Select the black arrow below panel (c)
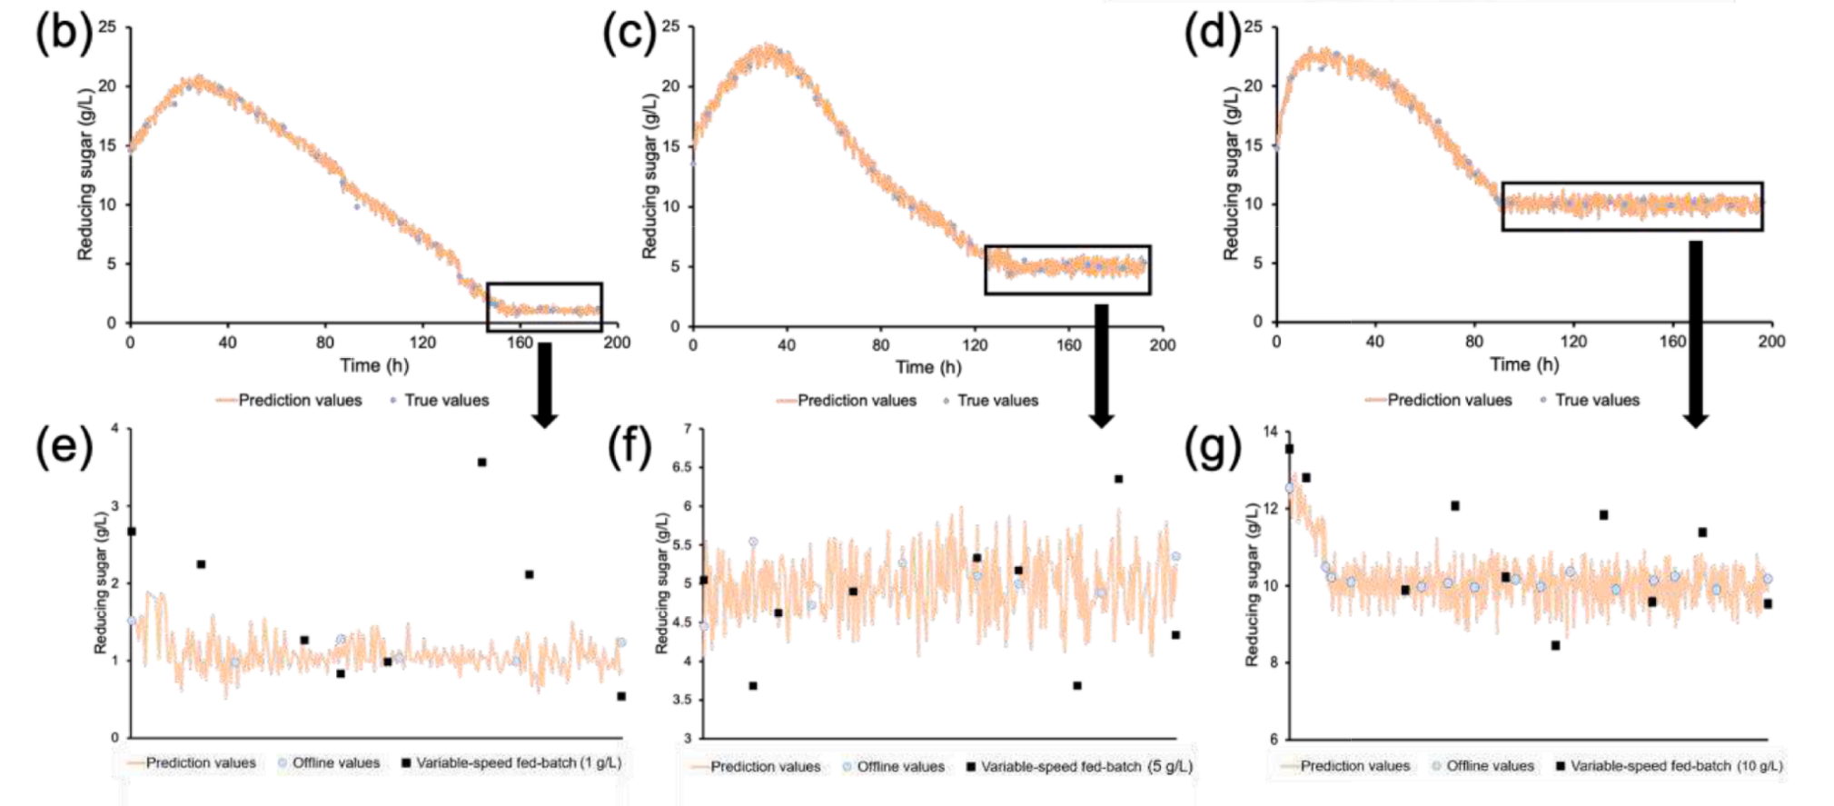point(1101,363)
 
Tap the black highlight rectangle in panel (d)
point(1631,206)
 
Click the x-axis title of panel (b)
point(374,365)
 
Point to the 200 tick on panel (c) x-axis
point(1162,345)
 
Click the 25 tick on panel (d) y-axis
point(1254,27)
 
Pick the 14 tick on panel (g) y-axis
point(1270,432)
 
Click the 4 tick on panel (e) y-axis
point(114,429)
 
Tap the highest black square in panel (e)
point(481,463)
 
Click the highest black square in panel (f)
point(1118,479)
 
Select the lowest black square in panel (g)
point(1555,645)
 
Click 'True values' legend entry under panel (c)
point(996,401)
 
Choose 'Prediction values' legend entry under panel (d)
point(1449,400)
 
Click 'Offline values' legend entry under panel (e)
point(335,763)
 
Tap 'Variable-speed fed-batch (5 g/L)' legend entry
point(1086,767)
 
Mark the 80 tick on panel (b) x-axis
point(324,343)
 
